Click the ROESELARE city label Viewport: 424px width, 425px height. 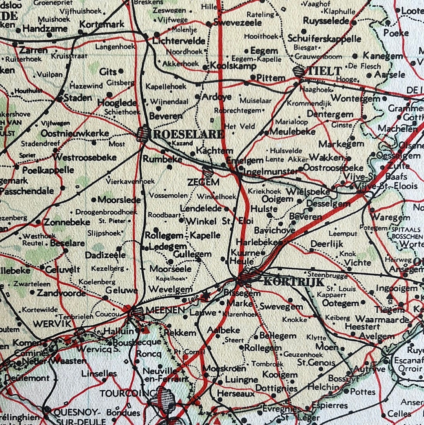point(188,134)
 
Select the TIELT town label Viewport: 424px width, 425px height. point(325,71)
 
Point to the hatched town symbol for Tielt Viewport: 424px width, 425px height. point(299,72)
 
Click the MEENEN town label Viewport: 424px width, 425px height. point(165,310)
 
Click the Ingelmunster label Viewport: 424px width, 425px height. point(271,171)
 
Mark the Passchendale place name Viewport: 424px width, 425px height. point(27,191)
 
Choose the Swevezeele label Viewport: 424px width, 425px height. point(235,23)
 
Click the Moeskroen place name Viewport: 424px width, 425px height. point(225,368)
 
